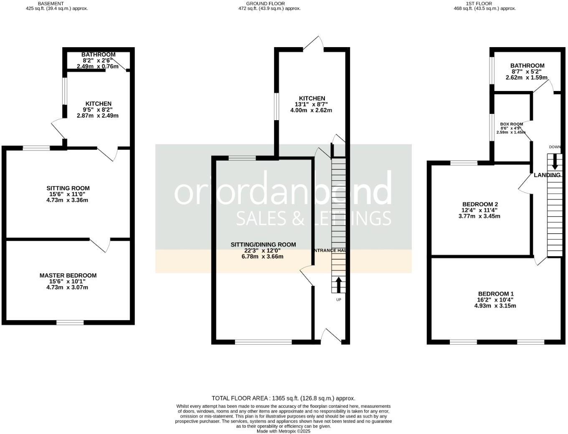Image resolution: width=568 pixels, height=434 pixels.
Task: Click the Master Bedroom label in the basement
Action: pyautogui.click(x=68, y=275)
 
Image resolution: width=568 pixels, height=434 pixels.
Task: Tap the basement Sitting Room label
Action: pyautogui.click(x=68, y=188)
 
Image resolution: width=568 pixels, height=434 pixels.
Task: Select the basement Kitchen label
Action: pyautogui.click(x=99, y=104)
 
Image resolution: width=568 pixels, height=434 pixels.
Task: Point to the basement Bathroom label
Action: pyautogui.click(x=99, y=55)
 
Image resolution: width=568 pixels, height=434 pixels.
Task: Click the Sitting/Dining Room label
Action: pyautogui.click(x=263, y=245)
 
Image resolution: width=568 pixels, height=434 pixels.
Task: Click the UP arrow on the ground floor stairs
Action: pyautogui.click(x=338, y=285)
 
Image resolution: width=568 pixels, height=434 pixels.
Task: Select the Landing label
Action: pyautogui.click(x=547, y=175)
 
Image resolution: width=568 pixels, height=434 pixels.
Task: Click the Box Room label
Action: pyautogui.click(x=512, y=124)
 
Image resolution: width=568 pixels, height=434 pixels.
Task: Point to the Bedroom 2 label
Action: pyautogui.click(x=479, y=204)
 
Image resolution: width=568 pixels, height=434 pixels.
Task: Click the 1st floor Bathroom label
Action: pyautogui.click(x=527, y=66)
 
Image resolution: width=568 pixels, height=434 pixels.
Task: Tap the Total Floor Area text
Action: pyautogui.click(x=283, y=398)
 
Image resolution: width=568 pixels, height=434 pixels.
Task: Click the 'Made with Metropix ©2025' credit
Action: pyautogui.click(x=284, y=431)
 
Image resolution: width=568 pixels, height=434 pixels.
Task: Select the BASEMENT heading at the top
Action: pyautogui.click(x=51, y=3)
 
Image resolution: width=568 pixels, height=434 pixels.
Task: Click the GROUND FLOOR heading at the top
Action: pyautogui.click(x=265, y=3)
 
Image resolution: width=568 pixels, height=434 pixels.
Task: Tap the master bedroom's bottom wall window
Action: pyautogui.click(x=70, y=322)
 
